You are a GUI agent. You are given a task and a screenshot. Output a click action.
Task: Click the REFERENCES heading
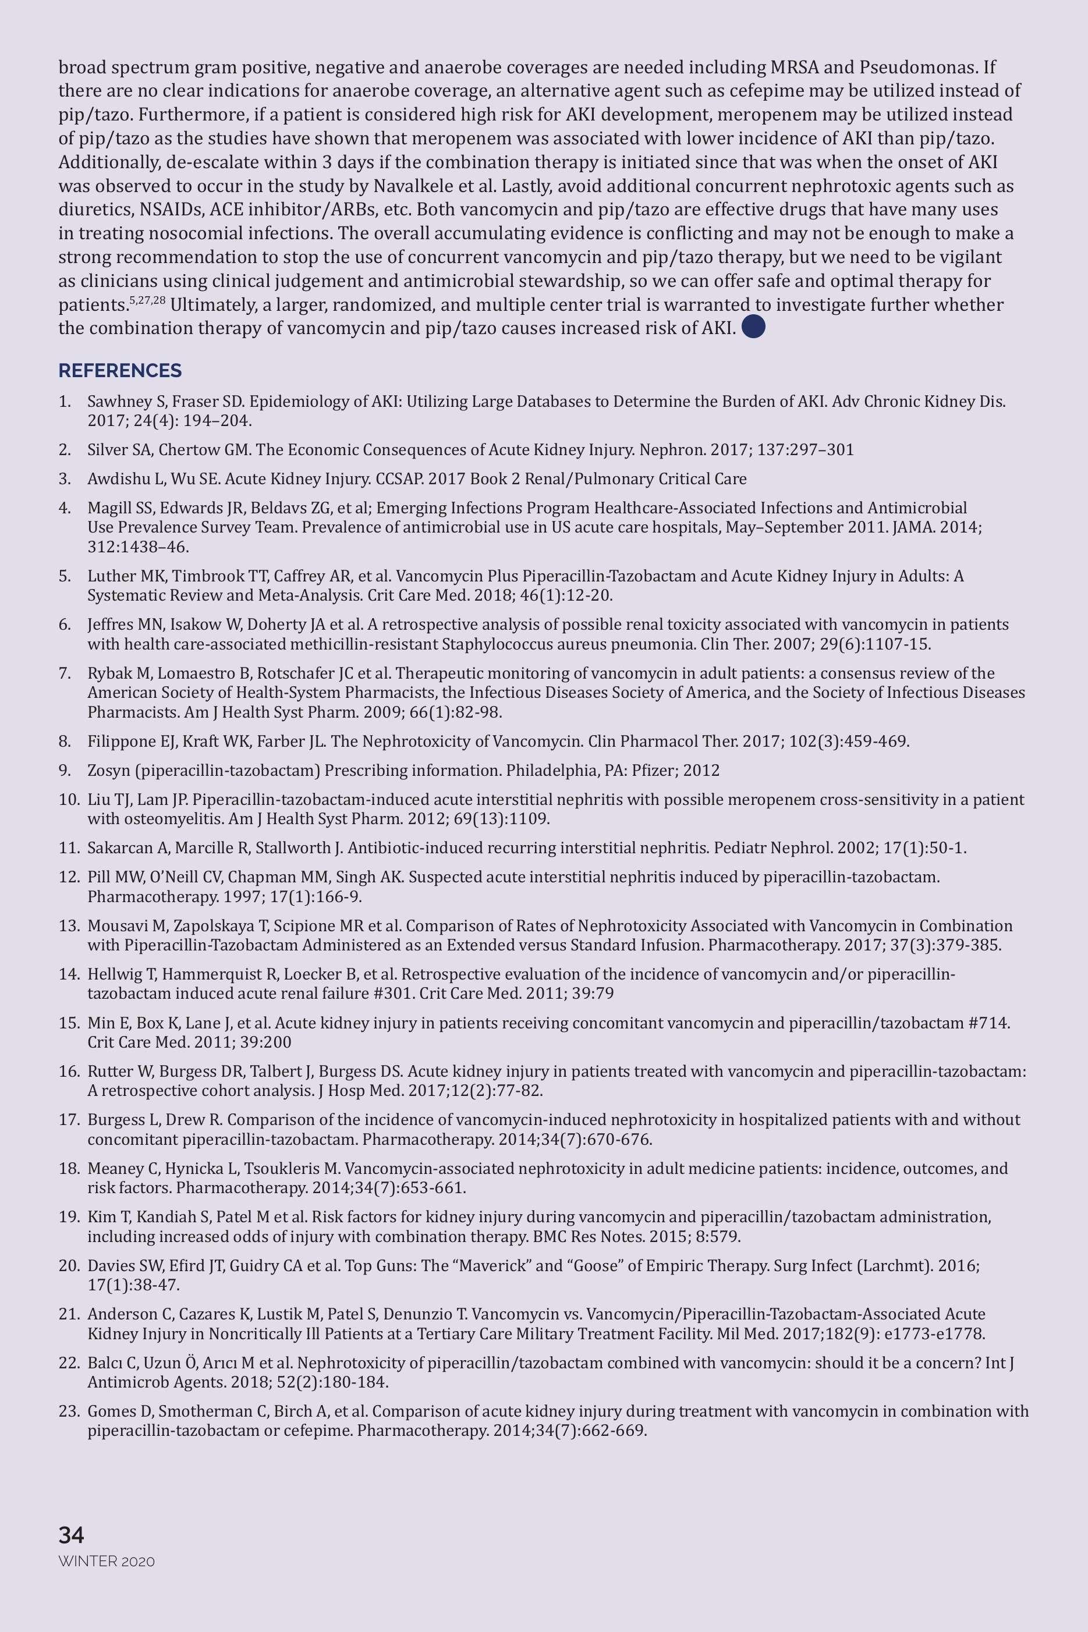pos(119,370)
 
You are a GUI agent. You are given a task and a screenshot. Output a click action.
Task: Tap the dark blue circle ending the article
pos(753,327)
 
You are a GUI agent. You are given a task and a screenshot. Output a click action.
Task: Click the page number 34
pos(71,1535)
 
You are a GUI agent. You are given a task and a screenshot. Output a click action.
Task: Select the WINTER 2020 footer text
pos(106,1561)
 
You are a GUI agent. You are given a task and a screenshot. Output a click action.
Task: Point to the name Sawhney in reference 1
pos(114,401)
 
